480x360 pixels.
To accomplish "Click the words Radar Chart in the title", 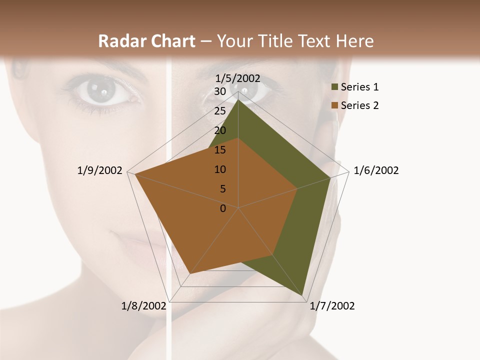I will (146, 41).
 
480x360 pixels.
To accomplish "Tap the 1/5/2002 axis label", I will (238, 78).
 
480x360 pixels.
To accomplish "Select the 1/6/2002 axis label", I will (376, 170).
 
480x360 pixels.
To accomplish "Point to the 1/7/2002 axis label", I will (332, 306).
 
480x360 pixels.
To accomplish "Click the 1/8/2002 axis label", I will (144, 306).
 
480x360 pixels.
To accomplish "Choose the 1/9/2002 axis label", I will (100, 170).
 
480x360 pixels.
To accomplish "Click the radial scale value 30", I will (220, 91).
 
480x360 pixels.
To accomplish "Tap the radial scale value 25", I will (220, 111).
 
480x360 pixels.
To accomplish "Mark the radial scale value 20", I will (220, 130).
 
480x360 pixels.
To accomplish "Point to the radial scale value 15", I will (220, 150).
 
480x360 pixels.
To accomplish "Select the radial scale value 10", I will (220, 169).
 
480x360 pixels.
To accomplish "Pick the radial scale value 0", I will (223, 208).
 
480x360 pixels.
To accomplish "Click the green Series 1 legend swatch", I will (334, 87).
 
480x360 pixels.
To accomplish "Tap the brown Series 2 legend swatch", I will (334, 105).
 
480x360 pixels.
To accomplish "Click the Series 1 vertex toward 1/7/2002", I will (303, 295).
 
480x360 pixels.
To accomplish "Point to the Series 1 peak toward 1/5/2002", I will (238, 99).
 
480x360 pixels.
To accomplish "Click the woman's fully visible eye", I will (102, 91).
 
